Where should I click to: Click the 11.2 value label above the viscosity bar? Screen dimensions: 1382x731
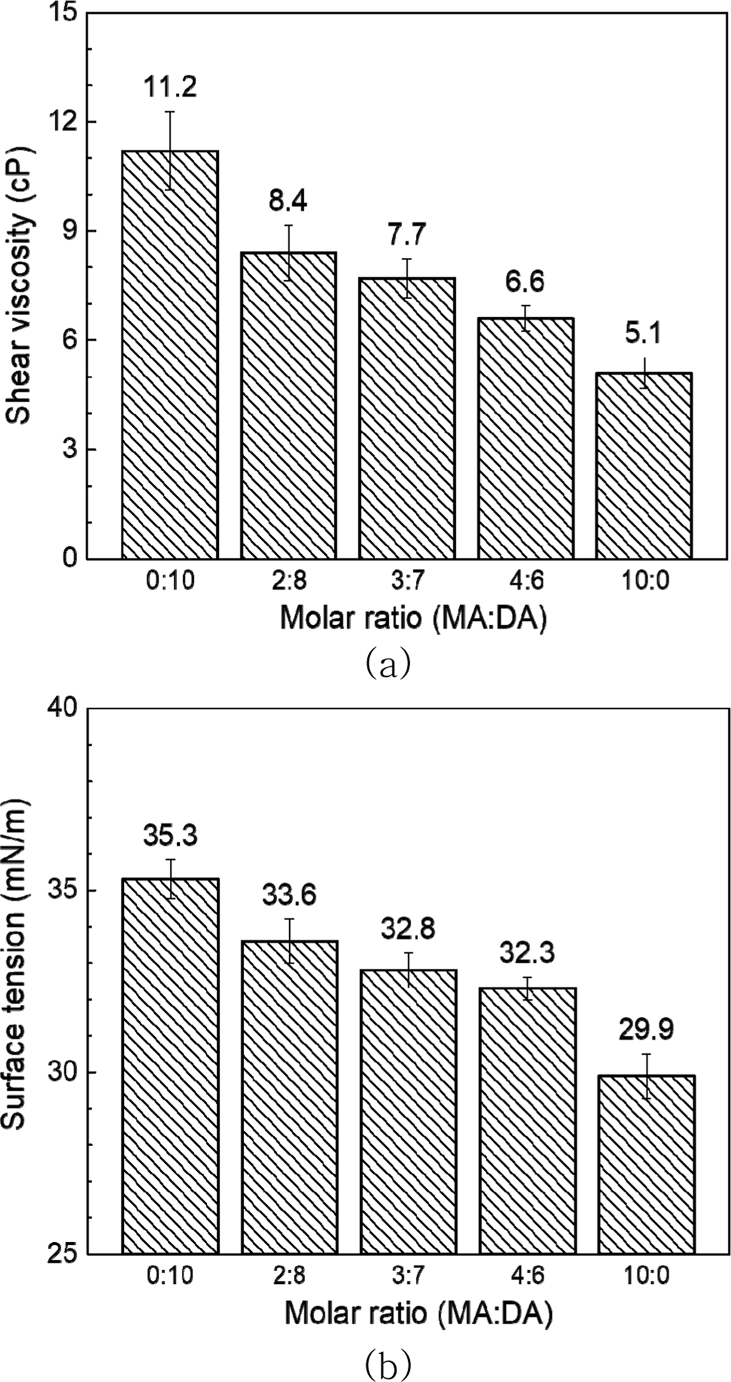pos(170,86)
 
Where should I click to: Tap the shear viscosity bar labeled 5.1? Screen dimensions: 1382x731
pos(643,465)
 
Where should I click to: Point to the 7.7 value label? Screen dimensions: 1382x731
pos(407,235)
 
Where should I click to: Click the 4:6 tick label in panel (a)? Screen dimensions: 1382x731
pos(525,581)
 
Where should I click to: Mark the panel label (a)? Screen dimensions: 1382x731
pos(388,663)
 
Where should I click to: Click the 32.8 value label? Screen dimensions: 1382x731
pos(407,929)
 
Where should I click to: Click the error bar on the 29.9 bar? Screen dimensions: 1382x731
pos(646,1076)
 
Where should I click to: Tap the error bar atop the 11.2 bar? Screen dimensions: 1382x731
pos(170,150)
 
